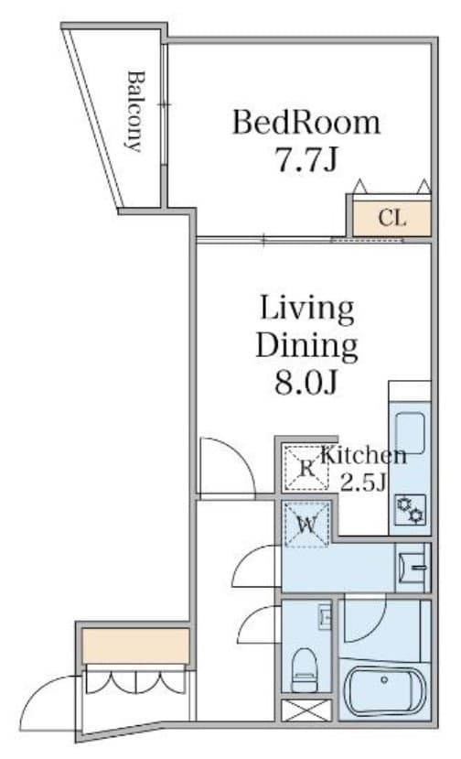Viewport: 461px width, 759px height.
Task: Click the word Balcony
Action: click(x=135, y=110)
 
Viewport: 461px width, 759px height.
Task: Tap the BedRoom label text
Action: click(x=305, y=122)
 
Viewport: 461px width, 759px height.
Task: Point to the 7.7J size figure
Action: click(x=306, y=159)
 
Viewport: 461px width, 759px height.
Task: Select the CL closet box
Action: click(x=391, y=218)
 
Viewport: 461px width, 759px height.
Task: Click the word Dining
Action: click(x=306, y=345)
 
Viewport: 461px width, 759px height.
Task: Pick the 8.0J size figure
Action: click(x=306, y=382)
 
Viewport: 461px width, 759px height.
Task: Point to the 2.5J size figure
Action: click(x=363, y=483)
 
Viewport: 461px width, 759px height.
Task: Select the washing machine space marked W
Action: click(x=306, y=525)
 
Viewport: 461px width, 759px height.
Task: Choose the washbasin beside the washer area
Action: click(x=413, y=570)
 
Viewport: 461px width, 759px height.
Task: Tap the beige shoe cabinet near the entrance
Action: click(x=135, y=645)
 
